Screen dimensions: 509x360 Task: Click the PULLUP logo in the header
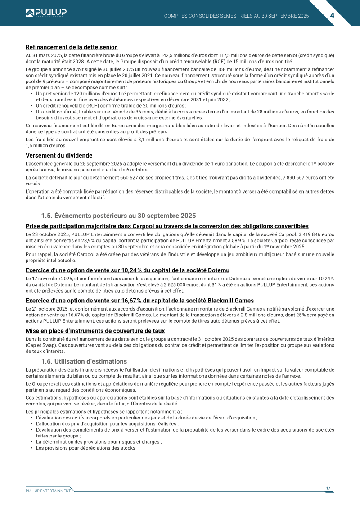click(45, 13)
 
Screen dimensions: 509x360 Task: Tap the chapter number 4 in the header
click(332, 15)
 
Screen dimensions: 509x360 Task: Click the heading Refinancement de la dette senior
click(72, 47)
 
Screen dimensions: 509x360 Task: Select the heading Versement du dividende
click(59, 155)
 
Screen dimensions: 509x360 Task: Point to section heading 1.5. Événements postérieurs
click(118, 216)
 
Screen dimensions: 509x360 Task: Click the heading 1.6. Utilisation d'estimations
click(84, 361)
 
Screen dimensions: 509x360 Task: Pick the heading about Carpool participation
click(167, 226)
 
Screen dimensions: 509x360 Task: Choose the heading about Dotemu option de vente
click(127, 270)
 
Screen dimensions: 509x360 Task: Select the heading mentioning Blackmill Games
click(139, 300)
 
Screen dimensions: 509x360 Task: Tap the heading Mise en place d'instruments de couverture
click(95, 331)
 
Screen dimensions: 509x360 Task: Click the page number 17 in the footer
click(328, 488)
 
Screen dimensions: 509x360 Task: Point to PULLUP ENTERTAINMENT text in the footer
click(48, 491)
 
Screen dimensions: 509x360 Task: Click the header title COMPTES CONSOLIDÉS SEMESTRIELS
click(236, 16)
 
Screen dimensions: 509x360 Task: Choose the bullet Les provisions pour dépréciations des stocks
click(85, 448)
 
